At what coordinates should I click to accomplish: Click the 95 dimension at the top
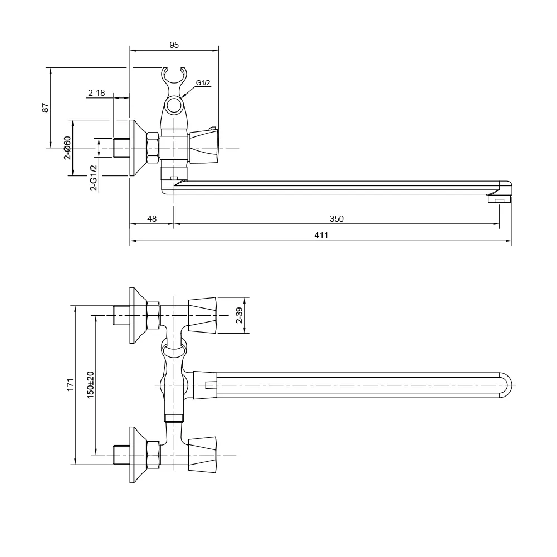point(174,45)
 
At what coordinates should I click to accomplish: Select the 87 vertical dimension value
point(46,107)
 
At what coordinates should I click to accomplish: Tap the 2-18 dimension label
point(96,93)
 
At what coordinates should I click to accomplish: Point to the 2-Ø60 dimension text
point(67,148)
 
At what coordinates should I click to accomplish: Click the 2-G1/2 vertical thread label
point(94,177)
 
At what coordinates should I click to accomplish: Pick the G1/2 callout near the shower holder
point(203,83)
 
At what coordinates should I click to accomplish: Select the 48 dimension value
point(152,219)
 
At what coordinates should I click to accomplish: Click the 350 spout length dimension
point(336,219)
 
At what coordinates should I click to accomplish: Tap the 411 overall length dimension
point(321,236)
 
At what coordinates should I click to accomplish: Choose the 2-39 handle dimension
point(239,316)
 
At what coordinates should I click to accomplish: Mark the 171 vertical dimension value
point(70,384)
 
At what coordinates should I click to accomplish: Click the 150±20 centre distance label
point(90,384)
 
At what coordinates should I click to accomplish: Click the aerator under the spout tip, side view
point(499,199)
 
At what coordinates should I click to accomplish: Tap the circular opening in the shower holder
point(174,105)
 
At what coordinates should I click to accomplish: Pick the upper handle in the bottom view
point(202,315)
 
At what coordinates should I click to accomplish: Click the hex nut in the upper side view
point(153,148)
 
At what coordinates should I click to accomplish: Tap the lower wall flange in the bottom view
point(136,455)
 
